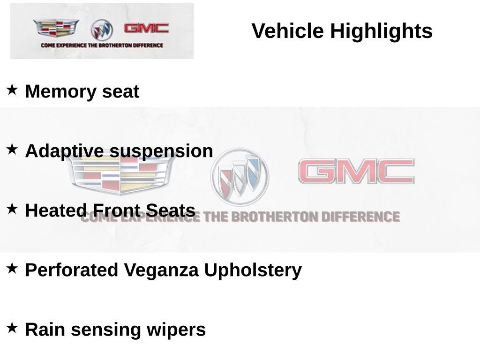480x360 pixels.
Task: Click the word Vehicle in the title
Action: coord(287,31)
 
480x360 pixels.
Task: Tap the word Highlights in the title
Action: coord(381,31)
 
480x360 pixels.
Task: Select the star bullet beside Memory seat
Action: coord(12,90)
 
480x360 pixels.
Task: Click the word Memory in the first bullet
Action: coord(60,91)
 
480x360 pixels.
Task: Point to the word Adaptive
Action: coord(65,151)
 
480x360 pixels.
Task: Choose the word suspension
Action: coord(161,151)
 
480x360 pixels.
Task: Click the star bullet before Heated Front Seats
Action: coord(12,209)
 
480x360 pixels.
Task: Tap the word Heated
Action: coord(56,210)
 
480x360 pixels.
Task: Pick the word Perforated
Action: coord(72,270)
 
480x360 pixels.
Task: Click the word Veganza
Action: coord(161,270)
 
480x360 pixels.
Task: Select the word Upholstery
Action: coord(253,270)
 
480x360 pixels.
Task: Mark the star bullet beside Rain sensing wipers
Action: coord(12,328)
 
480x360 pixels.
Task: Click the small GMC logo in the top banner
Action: coord(146,28)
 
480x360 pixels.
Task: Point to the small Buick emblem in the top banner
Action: coord(102,30)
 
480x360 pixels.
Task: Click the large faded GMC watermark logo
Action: coord(356,171)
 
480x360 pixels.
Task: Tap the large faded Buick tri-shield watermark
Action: coord(240,177)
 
